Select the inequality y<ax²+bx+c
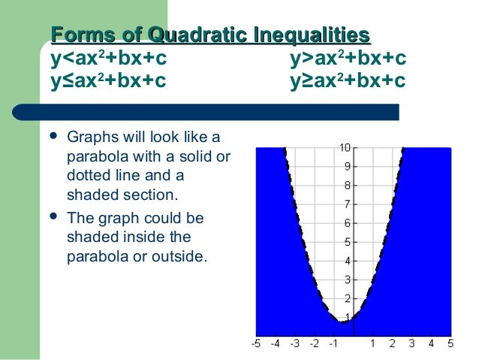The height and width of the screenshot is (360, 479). [x=109, y=57]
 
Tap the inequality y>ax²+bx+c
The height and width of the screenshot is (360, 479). [x=348, y=57]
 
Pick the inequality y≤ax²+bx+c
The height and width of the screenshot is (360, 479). [x=109, y=80]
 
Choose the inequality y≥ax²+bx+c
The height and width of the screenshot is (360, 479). [x=348, y=80]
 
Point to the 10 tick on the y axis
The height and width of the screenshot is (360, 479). [x=343, y=147]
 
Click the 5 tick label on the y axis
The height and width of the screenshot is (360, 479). [x=345, y=241]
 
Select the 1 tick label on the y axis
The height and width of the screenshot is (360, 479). [x=345, y=317]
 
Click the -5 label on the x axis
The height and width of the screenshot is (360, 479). [x=256, y=344]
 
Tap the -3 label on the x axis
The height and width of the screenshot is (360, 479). [x=295, y=344]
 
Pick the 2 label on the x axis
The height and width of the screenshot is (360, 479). [x=393, y=344]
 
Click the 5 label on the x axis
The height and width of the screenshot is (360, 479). [x=450, y=344]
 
